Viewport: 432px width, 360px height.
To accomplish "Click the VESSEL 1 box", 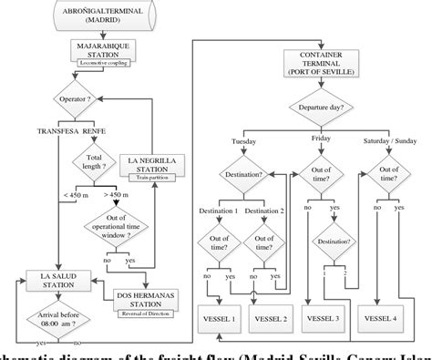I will (x=220, y=320).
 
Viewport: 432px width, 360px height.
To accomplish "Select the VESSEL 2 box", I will (x=273, y=320).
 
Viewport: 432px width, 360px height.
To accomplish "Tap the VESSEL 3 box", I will (x=326, y=320).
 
